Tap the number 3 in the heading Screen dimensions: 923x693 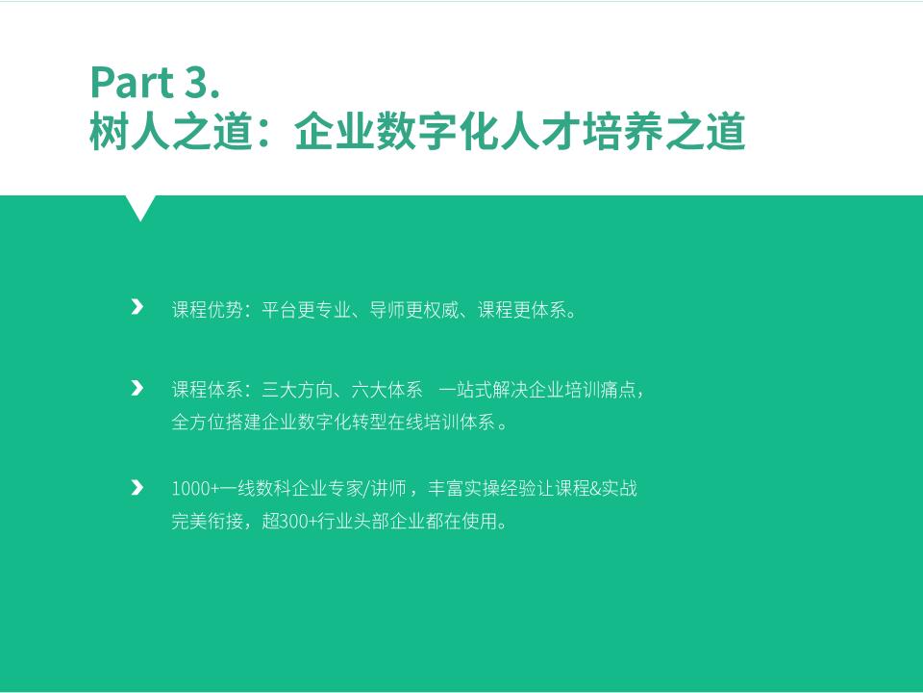click(x=196, y=82)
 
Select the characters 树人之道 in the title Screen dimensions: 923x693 click(x=171, y=132)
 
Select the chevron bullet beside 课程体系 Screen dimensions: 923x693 click(x=137, y=388)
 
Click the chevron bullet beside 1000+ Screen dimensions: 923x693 click(x=137, y=487)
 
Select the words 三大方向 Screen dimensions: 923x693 click(x=297, y=390)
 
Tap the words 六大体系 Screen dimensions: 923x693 click(x=387, y=390)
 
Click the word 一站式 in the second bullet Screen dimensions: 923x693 click(x=465, y=390)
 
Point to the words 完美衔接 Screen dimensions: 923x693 click(x=208, y=522)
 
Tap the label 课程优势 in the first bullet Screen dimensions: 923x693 click(x=208, y=309)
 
